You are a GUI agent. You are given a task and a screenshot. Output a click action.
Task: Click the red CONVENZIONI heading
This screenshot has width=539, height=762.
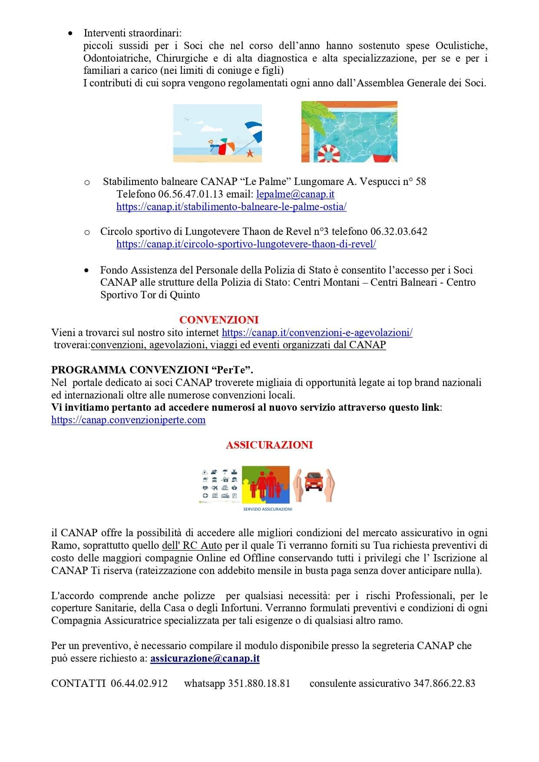[x=219, y=320]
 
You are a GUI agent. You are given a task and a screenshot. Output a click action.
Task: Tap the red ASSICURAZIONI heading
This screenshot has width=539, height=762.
[x=269, y=445]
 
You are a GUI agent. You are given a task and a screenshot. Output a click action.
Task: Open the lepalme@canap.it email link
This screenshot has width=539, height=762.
[x=295, y=194]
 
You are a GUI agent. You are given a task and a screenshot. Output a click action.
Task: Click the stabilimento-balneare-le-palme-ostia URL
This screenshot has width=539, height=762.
[x=231, y=207]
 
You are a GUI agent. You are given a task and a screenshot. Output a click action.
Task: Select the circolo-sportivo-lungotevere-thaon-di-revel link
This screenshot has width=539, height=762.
[x=246, y=244]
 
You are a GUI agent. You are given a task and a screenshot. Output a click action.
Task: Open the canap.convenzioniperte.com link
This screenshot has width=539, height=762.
[x=128, y=420]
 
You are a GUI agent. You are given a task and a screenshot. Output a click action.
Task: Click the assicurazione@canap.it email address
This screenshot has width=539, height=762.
[x=205, y=658]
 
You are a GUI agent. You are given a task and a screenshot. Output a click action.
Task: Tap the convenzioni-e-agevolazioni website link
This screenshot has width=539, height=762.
[x=317, y=333]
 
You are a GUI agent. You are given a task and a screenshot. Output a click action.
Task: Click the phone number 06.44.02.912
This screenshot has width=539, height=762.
[x=139, y=683]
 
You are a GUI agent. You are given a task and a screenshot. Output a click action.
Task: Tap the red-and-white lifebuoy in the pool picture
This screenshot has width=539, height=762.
[x=328, y=153]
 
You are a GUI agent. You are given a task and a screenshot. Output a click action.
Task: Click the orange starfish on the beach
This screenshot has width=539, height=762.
[x=250, y=153]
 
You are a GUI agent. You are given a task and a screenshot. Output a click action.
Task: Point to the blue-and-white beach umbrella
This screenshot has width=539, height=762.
[x=254, y=130]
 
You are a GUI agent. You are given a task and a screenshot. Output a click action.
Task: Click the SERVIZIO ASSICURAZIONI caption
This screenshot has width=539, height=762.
[x=268, y=509]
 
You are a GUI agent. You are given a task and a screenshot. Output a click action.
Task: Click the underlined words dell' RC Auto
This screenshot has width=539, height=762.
[x=192, y=545]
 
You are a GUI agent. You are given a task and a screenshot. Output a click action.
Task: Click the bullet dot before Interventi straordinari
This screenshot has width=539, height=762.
[x=71, y=33]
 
